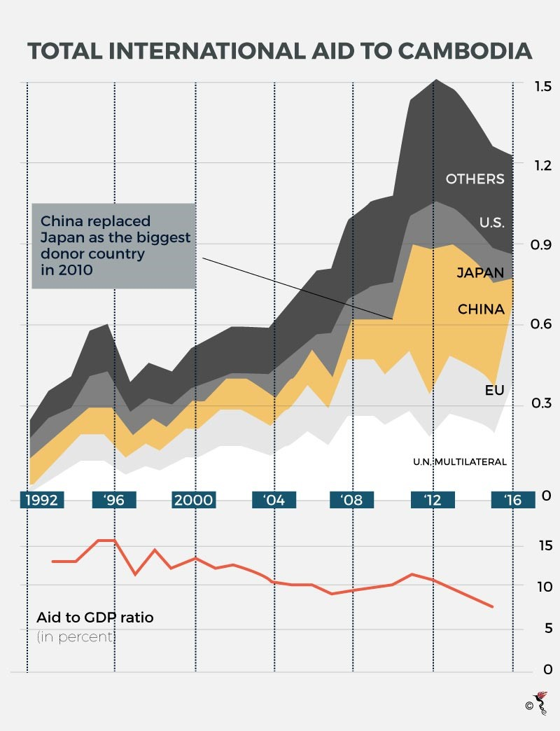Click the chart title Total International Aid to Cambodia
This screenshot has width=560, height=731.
point(279,52)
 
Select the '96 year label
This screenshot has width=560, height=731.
point(113,500)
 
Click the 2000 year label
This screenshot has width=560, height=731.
point(194,500)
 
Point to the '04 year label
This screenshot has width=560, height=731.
point(274,500)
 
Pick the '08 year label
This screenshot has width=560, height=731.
point(351,500)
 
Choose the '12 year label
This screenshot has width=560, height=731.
point(433,500)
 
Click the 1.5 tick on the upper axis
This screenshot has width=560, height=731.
point(542,86)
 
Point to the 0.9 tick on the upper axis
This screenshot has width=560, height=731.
point(542,245)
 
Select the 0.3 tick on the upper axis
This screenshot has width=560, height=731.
point(542,404)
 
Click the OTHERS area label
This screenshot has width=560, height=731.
point(475,179)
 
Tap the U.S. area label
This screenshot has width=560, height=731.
point(491,223)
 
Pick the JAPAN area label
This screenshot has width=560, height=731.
point(480,273)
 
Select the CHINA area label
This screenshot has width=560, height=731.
point(481,309)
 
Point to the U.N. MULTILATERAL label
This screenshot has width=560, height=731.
point(459,461)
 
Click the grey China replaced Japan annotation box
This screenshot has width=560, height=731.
point(113,246)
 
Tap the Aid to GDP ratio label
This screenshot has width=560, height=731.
point(94,618)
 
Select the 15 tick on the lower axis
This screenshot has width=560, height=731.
point(542,545)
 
